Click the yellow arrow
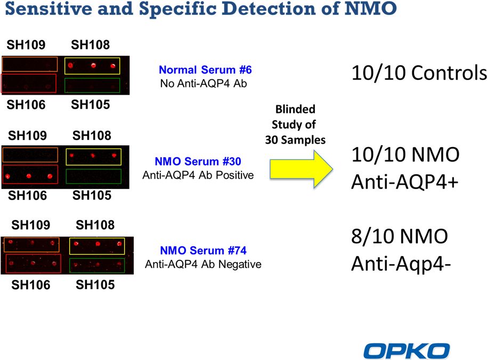(x=301, y=169)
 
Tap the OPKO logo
(x=407, y=351)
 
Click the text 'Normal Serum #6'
(x=205, y=70)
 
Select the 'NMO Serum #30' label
(x=198, y=161)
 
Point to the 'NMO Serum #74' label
(x=204, y=250)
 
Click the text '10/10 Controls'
(x=419, y=73)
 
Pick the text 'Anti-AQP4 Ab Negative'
(x=203, y=264)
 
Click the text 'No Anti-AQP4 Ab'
(x=204, y=84)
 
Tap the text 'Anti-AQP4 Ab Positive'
(x=198, y=175)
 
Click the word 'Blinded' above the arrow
(x=295, y=109)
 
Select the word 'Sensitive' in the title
(x=49, y=9)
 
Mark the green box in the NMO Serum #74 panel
(x=97, y=258)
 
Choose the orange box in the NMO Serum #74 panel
(x=31, y=238)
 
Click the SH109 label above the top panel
(x=26, y=45)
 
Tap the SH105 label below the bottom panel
(x=95, y=284)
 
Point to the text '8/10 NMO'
(x=400, y=236)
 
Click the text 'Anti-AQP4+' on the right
(x=405, y=182)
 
